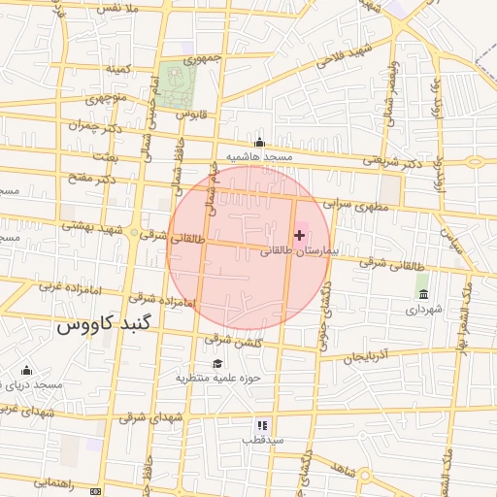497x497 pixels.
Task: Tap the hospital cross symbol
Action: point(299,235)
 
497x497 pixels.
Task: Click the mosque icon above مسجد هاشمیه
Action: point(258,142)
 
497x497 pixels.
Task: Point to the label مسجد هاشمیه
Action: point(259,156)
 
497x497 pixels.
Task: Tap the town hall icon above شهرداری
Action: point(422,293)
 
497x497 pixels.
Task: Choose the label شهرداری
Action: point(424,309)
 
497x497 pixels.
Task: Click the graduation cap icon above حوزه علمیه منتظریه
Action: point(216,362)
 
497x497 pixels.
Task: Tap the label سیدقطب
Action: point(262,440)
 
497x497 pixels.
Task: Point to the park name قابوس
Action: point(192,114)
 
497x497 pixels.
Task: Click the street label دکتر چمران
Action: point(94,126)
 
